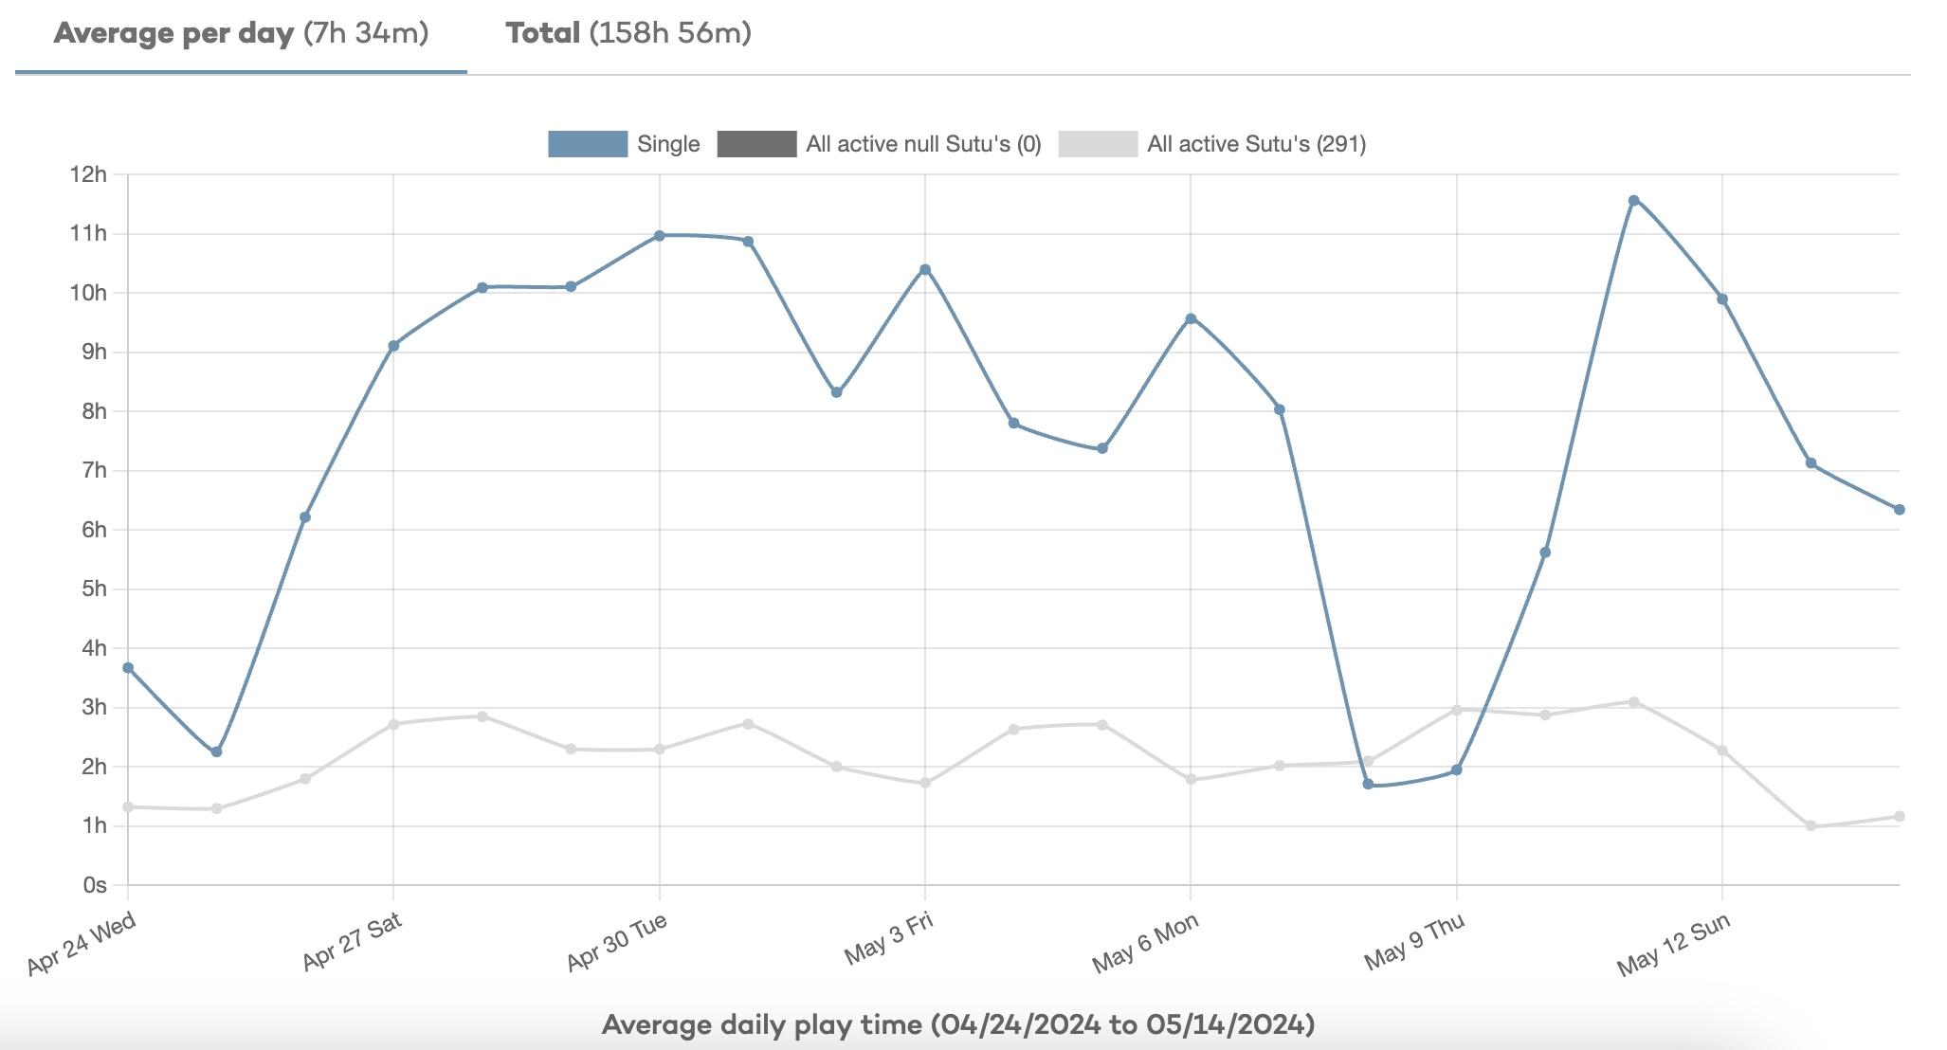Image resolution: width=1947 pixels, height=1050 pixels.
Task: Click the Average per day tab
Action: pos(241,34)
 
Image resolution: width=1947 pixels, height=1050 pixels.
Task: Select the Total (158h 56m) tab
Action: pos(628,34)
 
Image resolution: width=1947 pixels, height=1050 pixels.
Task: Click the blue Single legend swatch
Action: pos(588,144)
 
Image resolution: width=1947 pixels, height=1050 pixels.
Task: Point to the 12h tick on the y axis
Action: pos(87,174)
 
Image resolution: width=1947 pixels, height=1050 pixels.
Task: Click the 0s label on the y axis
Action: pos(94,885)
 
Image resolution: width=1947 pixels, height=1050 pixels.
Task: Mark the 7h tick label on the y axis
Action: pos(94,470)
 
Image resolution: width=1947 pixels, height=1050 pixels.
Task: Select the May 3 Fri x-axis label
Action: pos(889,938)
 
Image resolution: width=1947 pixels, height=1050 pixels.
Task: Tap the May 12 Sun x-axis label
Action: pos(1674,944)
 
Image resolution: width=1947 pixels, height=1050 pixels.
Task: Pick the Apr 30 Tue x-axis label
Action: pos(618,942)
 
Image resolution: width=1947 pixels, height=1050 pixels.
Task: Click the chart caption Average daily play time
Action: pos(957,1024)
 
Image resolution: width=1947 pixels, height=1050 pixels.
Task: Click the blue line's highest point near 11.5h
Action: pos(1633,201)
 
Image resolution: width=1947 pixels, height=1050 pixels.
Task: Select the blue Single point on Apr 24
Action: pos(128,668)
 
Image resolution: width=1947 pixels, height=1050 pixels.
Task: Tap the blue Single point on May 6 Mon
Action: pos(1191,318)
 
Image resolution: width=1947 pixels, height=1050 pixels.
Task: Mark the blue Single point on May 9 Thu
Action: pos(1456,770)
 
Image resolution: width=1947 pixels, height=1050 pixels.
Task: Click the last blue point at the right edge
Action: pos(1899,510)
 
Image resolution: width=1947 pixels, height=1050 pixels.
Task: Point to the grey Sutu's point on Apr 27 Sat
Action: pos(393,724)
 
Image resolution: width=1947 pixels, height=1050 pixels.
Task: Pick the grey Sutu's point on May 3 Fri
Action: pos(925,783)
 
